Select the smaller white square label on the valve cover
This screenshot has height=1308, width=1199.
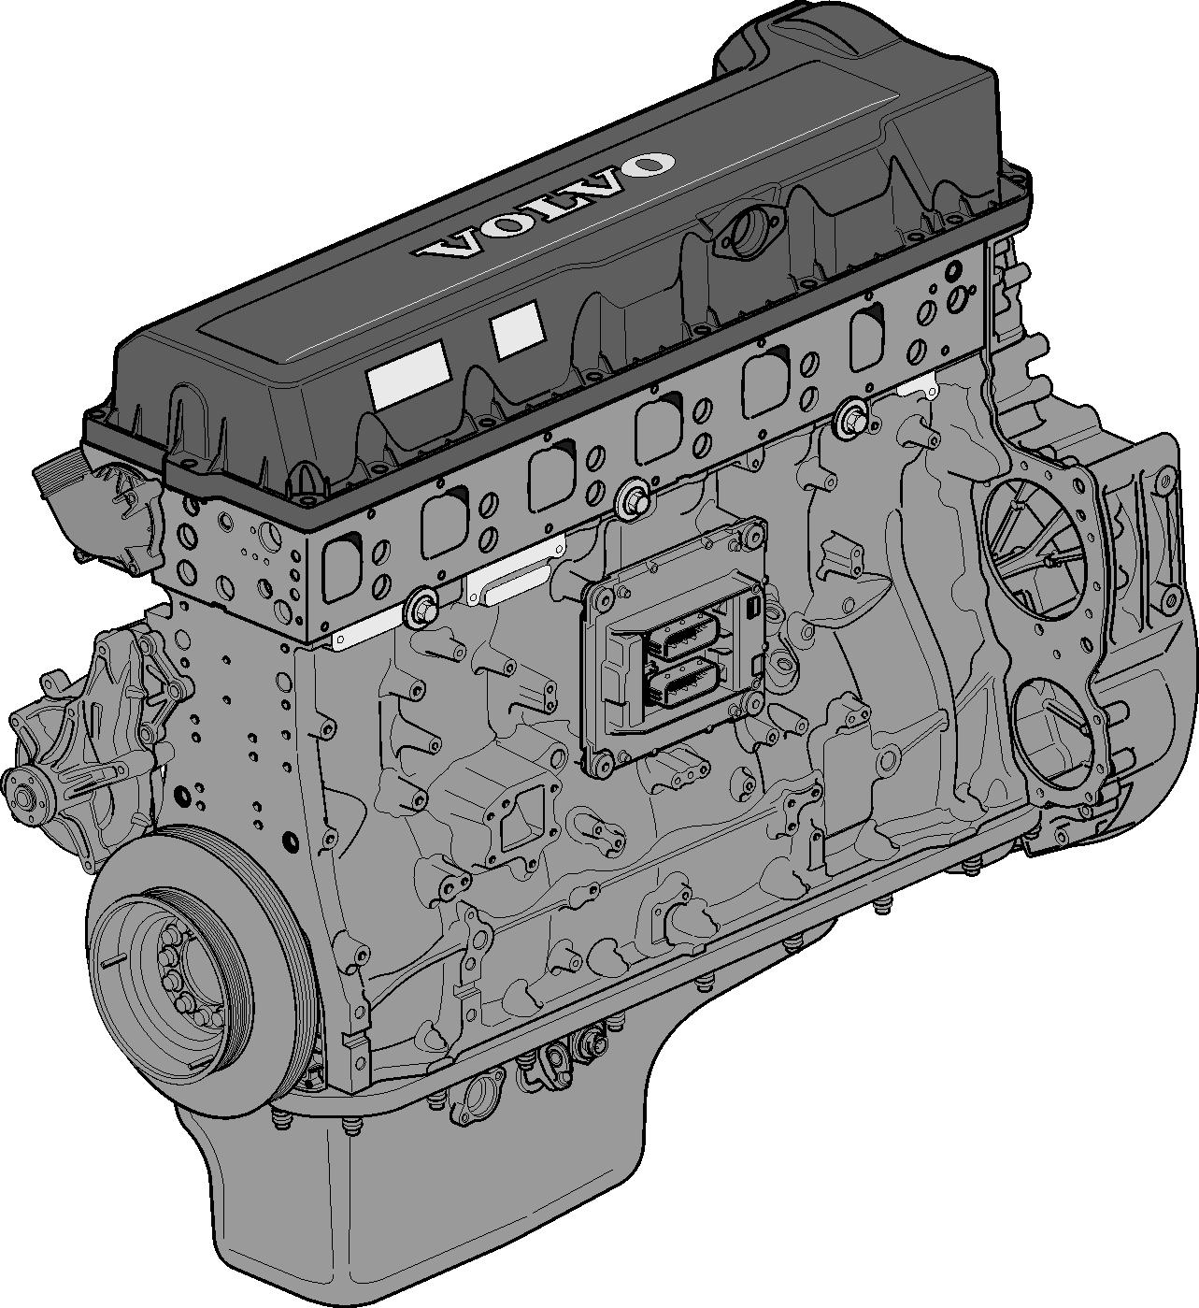click(518, 329)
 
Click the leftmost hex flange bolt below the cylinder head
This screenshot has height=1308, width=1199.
click(421, 606)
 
